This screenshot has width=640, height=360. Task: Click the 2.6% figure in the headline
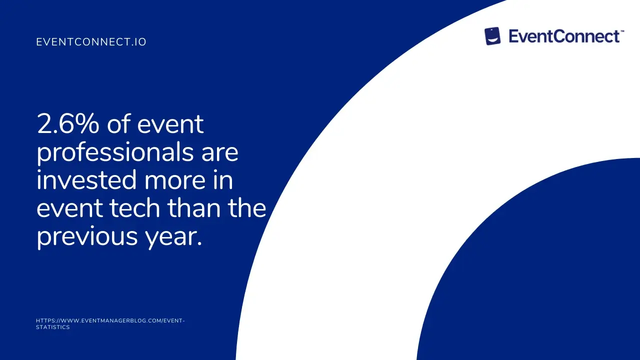pyautogui.click(x=68, y=124)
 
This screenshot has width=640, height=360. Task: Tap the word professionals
pyautogui.click(x=115, y=153)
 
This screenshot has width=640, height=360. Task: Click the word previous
pyautogui.click(x=87, y=237)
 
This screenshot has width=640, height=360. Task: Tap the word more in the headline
pyautogui.click(x=175, y=181)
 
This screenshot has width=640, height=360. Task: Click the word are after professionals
pyautogui.click(x=219, y=154)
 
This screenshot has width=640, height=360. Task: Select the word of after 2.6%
pyautogui.click(x=118, y=124)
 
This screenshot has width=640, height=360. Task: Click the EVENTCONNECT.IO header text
pyautogui.click(x=91, y=42)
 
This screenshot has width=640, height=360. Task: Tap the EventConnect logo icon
pyautogui.click(x=492, y=36)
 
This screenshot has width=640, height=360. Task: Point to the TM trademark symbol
pyautogui.click(x=622, y=31)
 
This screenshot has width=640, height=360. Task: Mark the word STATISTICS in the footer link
pyautogui.click(x=53, y=327)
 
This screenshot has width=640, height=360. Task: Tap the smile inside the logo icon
pyautogui.click(x=492, y=41)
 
